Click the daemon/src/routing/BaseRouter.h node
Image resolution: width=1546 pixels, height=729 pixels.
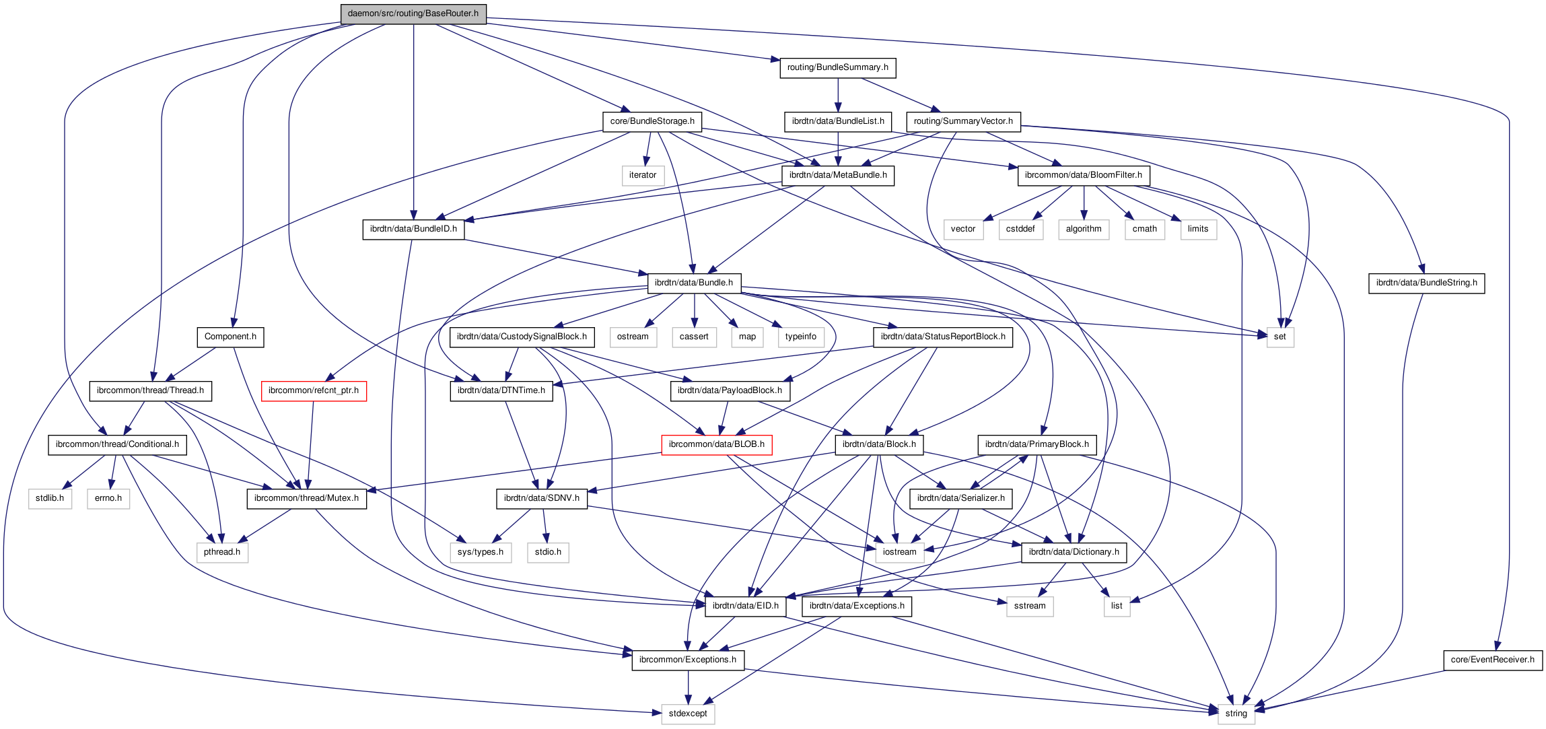413,13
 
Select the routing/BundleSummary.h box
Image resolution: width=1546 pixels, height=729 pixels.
837,67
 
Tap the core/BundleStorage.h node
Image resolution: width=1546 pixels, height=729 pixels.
652,121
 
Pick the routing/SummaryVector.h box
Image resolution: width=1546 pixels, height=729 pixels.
962,121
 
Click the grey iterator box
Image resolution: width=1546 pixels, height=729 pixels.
642,175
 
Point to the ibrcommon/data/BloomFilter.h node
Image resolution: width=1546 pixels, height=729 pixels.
1083,175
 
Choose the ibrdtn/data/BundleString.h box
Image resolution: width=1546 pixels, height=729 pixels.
1426,283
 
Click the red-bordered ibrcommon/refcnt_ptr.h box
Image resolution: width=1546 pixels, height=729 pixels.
314,390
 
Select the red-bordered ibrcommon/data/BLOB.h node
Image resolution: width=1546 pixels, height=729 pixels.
716,444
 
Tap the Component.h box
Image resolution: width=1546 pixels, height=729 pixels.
230,337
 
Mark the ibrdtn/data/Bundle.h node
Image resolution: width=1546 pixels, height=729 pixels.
693,283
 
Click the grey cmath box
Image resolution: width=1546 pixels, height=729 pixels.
1144,229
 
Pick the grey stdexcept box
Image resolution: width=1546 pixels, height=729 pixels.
687,714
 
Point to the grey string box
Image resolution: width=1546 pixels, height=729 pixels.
1236,714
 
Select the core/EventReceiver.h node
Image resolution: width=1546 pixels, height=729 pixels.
1492,660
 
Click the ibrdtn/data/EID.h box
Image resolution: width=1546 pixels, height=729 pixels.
745,606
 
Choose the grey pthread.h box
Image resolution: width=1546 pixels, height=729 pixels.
222,552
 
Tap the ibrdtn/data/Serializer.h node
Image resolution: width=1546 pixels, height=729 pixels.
960,498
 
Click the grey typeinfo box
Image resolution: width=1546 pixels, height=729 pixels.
800,337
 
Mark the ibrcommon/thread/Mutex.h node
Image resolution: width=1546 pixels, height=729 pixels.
306,498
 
